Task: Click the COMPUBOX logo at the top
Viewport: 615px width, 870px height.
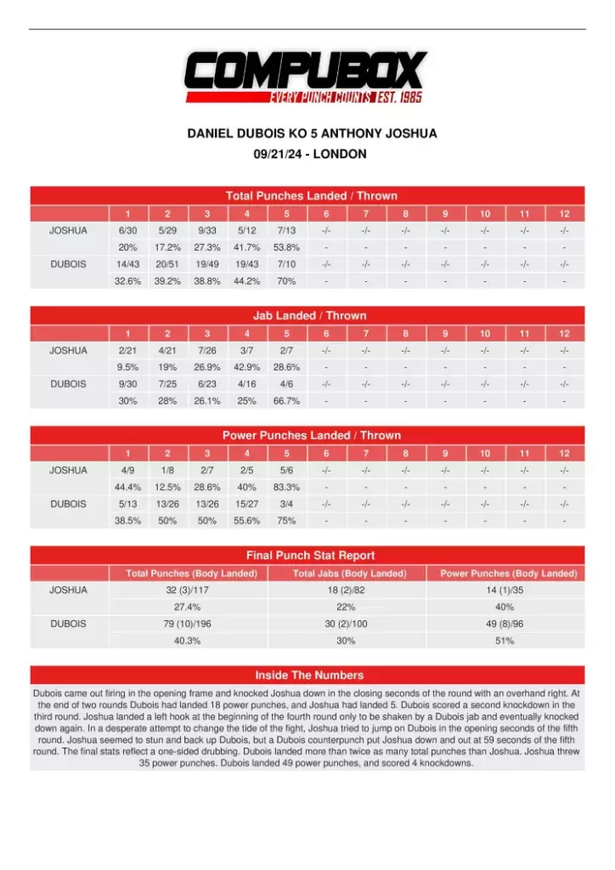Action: [307, 76]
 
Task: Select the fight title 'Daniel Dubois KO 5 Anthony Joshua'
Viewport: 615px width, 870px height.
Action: [312, 134]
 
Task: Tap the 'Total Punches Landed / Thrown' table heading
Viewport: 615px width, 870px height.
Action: [311, 195]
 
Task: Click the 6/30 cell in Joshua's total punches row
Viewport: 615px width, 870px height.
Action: [127, 230]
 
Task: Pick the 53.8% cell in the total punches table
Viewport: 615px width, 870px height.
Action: [286, 247]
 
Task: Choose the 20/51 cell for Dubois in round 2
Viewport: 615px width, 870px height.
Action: [167, 264]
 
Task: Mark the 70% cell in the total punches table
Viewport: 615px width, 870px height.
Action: [286, 281]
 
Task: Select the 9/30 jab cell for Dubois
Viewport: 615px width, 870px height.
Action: [127, 384]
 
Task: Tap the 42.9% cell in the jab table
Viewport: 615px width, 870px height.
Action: [246, 367]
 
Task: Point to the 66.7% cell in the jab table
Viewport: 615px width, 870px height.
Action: [286, 401]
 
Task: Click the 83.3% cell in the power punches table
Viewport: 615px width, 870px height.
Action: [286, 487]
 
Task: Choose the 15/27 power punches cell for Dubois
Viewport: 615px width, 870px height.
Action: [246, 504]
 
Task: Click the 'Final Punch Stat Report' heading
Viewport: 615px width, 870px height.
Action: [310, 556]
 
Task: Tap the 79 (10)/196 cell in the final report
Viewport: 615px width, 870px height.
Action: [187, 624]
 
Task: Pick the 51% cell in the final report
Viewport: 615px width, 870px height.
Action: [505, 641]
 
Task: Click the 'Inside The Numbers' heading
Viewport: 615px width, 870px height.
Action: [309, 675]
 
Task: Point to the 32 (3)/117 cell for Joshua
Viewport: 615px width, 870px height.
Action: [187, 590]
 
